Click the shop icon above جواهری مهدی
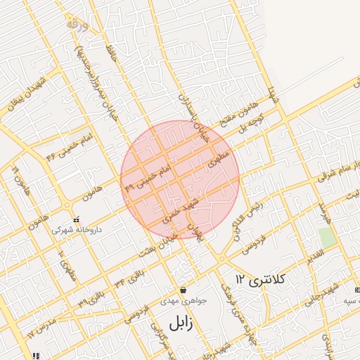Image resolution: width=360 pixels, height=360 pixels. pos(184,290)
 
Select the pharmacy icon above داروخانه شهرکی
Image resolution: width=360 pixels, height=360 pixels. pos(77,219)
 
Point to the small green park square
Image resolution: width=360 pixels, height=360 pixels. pos(325,236)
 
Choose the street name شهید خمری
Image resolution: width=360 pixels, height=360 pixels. pos(178,211)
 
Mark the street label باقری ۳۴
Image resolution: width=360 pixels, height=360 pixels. pos(131,276)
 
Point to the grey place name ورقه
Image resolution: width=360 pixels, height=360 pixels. pos(77,25)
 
